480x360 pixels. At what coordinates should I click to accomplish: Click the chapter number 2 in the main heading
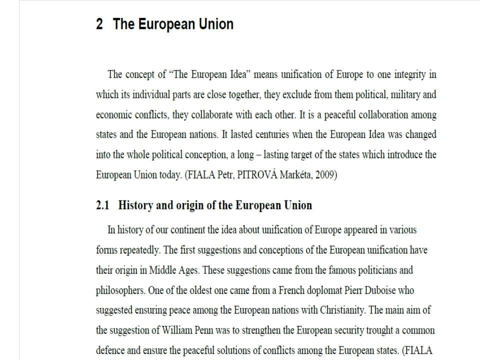click(x=99, y=24)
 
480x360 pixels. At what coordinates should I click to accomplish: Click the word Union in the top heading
click(x=214, y=24)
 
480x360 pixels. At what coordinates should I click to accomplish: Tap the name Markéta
click(x=291, y=175)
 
